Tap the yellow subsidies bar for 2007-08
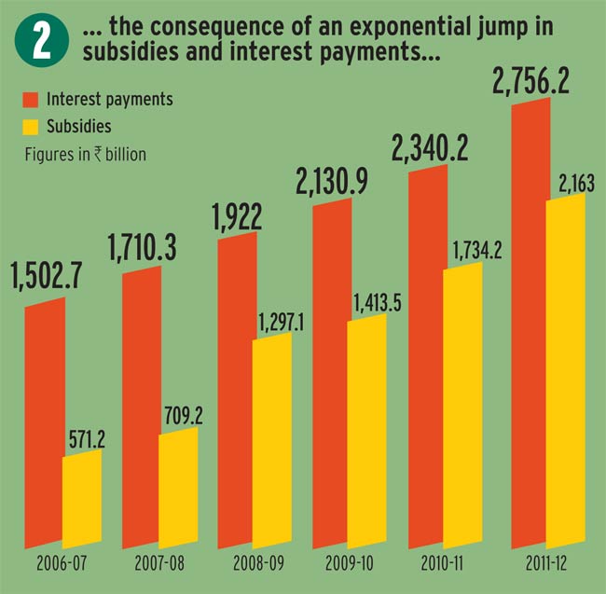coord(178,489)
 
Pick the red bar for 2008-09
coord(235,392)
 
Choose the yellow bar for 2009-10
coord(366,433)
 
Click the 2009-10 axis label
coord(351,565)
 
